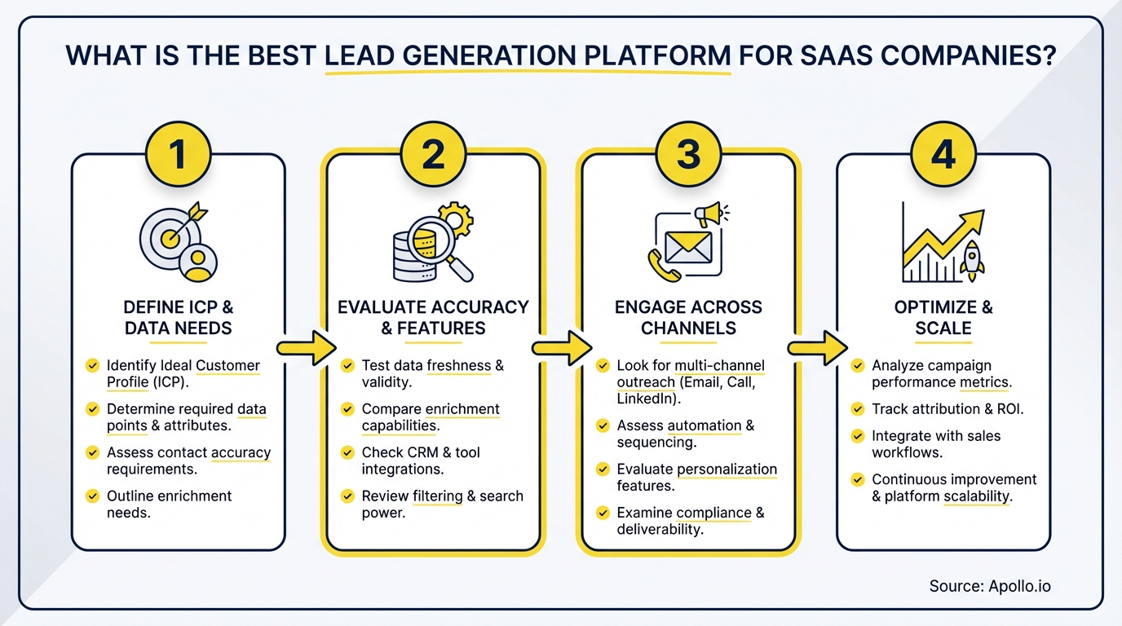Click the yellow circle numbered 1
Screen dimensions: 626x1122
click(179, 153)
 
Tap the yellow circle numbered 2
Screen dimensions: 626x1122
click(433, 153)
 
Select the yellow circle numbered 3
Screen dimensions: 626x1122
click(688, 153)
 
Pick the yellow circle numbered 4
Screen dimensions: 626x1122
click(943, 153)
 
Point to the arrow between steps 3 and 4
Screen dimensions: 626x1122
click(816, 348)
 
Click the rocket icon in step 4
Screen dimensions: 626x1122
click(973, 260)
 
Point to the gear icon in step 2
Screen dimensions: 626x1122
click(454, 219)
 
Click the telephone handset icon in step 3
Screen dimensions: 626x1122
click(659, 262)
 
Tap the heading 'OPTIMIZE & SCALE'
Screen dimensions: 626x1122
click(943, 318)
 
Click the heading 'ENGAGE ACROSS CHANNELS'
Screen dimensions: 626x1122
click(688, 318)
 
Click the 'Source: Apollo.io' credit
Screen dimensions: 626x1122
click(995, 586)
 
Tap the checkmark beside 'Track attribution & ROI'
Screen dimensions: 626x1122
click(857, 409)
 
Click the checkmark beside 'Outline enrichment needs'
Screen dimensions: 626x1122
click(92, 496)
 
